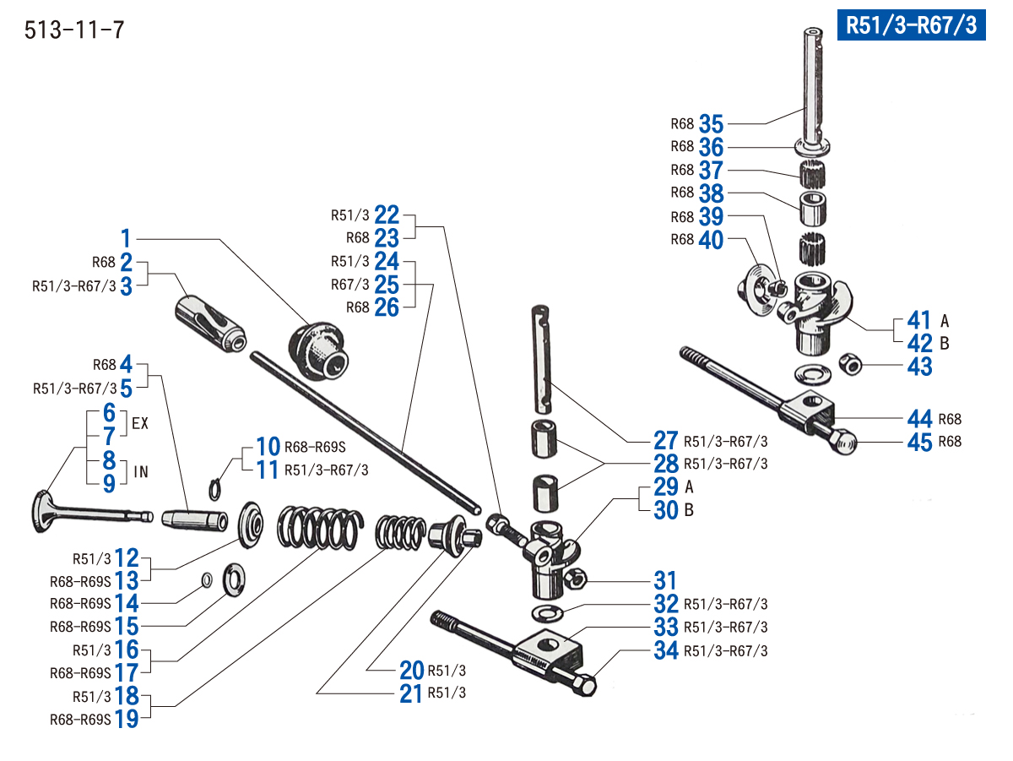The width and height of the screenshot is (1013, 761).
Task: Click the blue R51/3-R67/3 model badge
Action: (x=911, y=25)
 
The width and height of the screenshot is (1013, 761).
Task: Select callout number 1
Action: (x=126, y=238)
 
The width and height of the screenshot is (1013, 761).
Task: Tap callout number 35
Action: (x=711, y=124)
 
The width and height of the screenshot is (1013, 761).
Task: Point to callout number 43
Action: (x=919, y=367)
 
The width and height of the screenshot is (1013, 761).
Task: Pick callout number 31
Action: (x=666, y=581)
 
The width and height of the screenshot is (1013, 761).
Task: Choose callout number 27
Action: (x=666, y=441)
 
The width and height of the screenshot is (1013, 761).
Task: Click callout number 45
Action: (x=919, y=442)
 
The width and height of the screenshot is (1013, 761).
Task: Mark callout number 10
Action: (x=268, y=446)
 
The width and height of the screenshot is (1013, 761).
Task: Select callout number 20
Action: (x=412, y=671)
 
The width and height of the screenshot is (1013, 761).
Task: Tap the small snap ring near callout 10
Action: (x=217, y=487)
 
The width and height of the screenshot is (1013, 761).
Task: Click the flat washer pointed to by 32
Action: (x=546, y=611)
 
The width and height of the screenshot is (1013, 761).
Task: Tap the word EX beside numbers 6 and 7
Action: (x=140, y=424)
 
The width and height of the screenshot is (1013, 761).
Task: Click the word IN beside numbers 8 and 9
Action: (x=140, y=471)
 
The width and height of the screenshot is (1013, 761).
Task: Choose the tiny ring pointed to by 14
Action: (x=206, y=579)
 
